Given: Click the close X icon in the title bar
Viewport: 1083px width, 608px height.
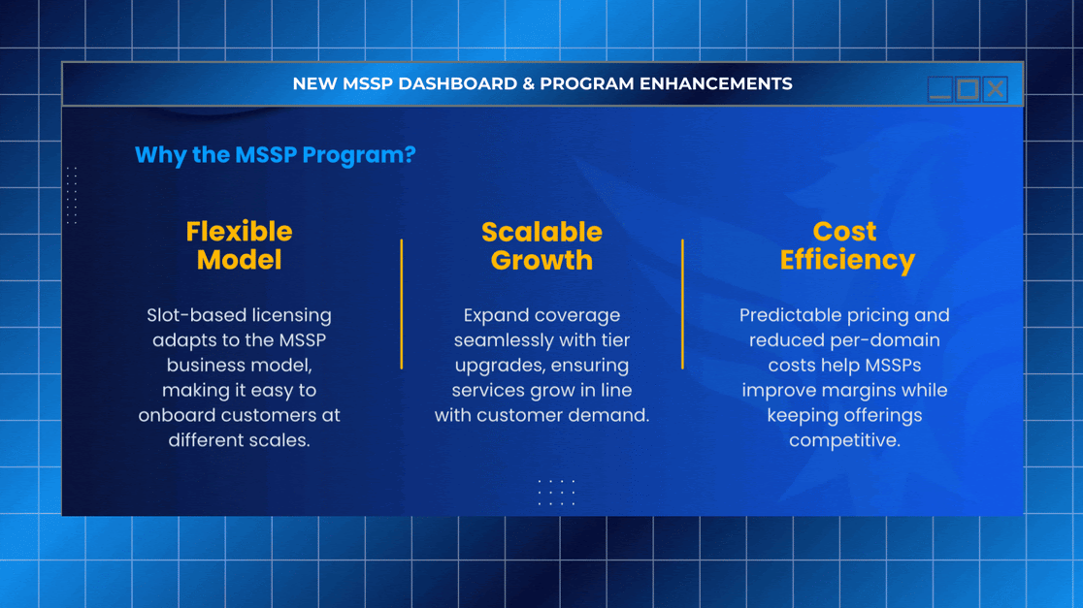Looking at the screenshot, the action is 996,89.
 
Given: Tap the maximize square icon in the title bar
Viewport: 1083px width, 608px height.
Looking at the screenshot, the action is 968,89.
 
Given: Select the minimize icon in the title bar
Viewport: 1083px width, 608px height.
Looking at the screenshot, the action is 940,89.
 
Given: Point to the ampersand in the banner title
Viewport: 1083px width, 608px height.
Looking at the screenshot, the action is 528,83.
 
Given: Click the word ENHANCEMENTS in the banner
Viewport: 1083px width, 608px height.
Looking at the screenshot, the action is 715,83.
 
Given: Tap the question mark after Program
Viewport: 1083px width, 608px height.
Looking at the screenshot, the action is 410,154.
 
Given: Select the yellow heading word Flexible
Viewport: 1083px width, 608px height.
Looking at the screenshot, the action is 239,231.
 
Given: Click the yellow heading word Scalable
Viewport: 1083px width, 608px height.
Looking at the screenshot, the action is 541,232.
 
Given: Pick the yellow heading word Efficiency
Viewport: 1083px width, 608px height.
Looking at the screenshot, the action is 847,260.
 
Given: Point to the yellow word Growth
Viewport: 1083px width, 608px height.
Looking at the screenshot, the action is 541,260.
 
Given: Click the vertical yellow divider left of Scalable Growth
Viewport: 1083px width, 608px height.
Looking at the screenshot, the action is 402,304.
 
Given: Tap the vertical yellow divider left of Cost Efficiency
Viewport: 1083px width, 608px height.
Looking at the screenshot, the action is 682,304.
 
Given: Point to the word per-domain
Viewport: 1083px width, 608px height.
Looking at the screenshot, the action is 888,340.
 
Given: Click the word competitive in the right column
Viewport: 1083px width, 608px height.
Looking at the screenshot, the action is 844,440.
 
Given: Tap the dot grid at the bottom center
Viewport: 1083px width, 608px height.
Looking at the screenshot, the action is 557,492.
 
